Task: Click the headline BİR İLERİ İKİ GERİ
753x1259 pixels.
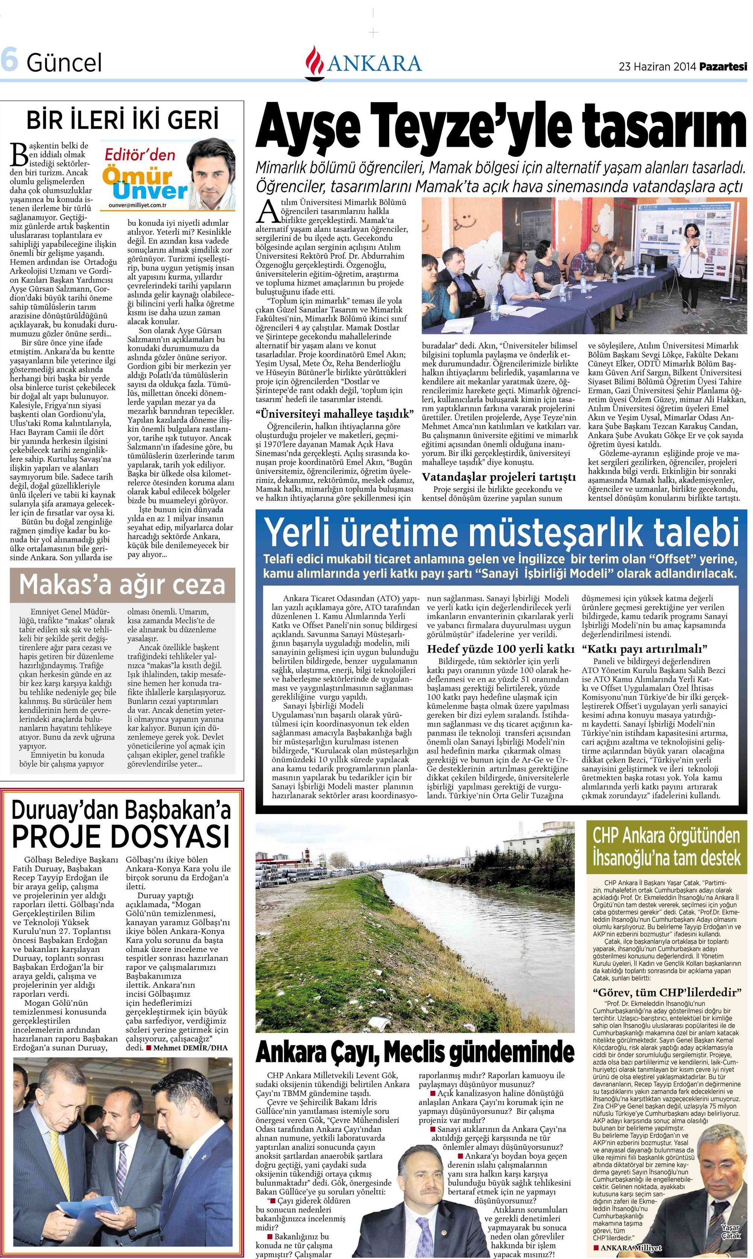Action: (122, 120)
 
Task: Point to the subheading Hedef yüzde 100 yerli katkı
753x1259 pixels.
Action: (500, 649)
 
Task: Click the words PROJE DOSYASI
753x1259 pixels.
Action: (121, 836)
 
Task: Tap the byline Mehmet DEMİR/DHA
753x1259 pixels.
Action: (190, 1048)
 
